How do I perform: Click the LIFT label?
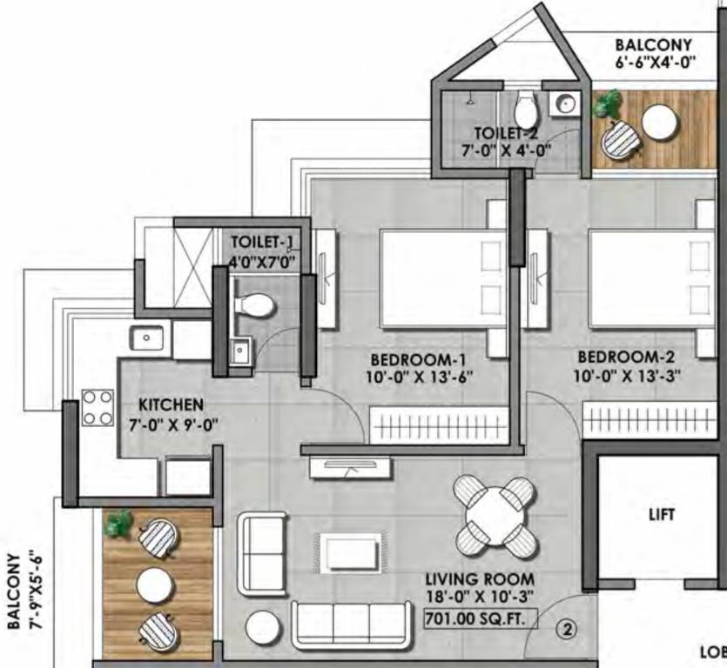tap(662, 514)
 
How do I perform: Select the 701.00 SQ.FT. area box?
tap(479, 619)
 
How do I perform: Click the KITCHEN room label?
tap(172, 404)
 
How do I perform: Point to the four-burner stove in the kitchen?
tap(98, 407)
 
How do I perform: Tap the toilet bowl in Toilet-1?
tap(256, 304)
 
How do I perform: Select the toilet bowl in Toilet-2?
tap(525, 110)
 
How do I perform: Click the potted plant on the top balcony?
tap(607, 105)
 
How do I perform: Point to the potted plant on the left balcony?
tap(118, 523)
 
